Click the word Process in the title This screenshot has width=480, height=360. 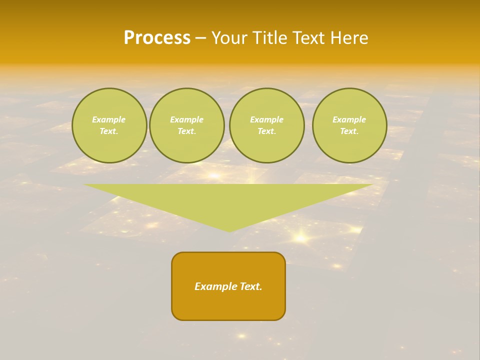[x=157, y=38]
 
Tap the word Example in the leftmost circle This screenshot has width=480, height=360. [x=109, y=119]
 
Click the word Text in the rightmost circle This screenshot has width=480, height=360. [x=349, y=131]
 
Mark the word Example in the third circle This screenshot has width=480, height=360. [x=266, y=119]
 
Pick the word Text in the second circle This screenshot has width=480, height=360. [x=186, y=131]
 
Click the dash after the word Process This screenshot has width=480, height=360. [x=200, y=38]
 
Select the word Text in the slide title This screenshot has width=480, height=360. [x=309, y=38]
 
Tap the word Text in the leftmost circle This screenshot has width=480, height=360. [x=108, y=131]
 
